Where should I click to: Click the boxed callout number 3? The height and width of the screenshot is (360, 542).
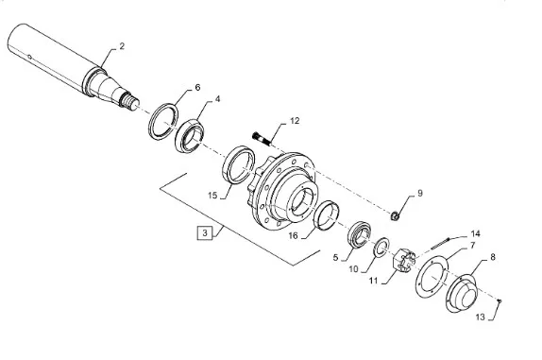[x=205, y=232]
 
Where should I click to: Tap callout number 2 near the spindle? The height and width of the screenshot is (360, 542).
[x=122, y=46]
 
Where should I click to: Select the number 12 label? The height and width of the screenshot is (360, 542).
[x=295, y=121]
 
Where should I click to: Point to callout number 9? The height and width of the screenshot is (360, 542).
[x=420, y=193]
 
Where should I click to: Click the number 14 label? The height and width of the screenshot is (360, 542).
[x=476, y=233]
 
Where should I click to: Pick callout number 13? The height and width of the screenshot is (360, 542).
[x=480, y=317]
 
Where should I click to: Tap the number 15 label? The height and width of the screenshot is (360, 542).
[x=212, y=196]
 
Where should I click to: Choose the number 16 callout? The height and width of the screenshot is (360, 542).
[x=293, y=235]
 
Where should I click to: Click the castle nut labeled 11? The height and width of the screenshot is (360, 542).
[x=404, y=261]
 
